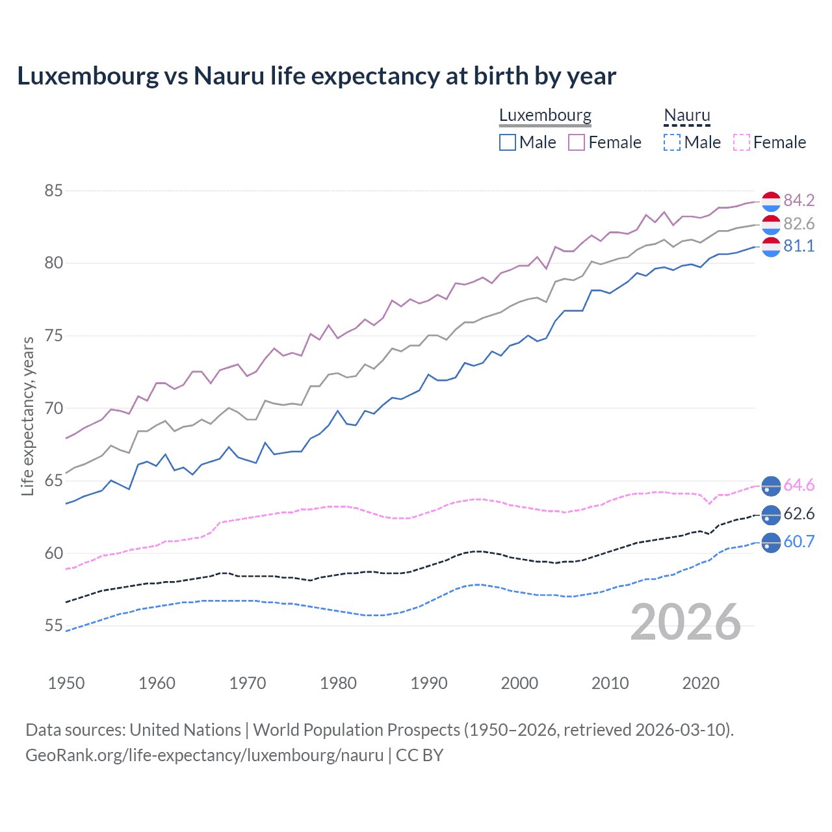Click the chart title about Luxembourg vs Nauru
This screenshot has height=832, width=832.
pos(317,76)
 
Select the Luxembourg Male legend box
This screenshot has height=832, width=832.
pos(508,142)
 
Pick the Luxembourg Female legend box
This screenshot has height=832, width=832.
pos(577,142)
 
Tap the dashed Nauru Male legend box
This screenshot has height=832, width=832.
pos(672,142)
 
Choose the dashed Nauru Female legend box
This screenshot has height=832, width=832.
pos(742,142)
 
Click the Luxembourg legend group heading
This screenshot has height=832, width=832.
pos(545,116)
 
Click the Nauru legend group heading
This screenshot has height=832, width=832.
pos(687,116)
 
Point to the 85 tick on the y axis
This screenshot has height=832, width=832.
pos(53,191)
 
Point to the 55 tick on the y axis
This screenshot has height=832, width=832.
pos(53,626)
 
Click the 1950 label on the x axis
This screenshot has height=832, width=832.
pos(66,683)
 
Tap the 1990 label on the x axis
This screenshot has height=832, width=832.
pos(429,683)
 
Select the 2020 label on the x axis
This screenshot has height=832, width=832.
pos(701,683)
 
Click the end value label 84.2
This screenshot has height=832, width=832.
pos(799,200)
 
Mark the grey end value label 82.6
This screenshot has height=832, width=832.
pos(799,224)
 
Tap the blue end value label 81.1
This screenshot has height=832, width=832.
pos(799,246)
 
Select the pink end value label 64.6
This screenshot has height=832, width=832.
pos(799,486)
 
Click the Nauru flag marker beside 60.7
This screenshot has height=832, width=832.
pos(771,542)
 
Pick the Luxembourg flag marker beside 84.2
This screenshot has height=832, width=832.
pos(771,201)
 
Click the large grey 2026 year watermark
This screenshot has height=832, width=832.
pos(686,622)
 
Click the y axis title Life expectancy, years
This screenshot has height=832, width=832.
pos(28,416)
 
